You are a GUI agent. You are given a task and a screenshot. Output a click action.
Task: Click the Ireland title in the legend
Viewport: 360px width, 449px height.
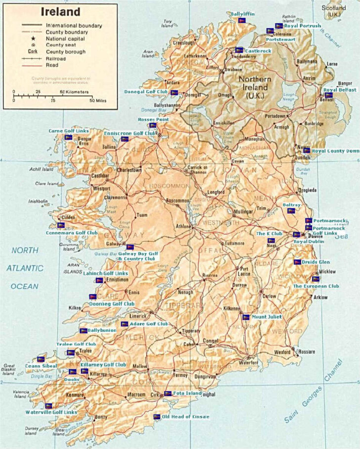[x=60, y=11]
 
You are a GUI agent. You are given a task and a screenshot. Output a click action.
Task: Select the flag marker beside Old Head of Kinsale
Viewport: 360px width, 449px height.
[x=157, y=416]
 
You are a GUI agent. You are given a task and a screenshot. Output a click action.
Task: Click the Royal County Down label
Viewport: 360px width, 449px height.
[x=335, y=150]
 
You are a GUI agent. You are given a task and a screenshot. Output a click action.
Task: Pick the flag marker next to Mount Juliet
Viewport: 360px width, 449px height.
[x=246, y=317]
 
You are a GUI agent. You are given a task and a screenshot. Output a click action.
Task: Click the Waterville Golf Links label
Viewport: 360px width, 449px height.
[x=51, y=412]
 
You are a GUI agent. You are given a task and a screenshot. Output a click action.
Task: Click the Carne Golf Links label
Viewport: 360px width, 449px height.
[x=69, y=131]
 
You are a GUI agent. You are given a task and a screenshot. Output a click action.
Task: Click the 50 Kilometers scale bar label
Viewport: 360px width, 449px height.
[x=74, y=92]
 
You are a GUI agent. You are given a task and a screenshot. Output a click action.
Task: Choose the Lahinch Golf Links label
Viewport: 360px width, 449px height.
[x=105, y=273]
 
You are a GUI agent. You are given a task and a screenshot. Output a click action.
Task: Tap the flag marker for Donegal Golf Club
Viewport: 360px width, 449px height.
[x=174, y=93]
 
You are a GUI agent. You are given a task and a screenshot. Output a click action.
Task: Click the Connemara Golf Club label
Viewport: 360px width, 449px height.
[x=72, y=232]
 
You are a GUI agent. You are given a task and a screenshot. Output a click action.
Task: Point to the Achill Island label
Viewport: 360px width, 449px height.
[x=41, y=169]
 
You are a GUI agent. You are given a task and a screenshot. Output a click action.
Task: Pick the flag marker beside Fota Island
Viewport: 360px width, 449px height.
[x=168, y=394]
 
